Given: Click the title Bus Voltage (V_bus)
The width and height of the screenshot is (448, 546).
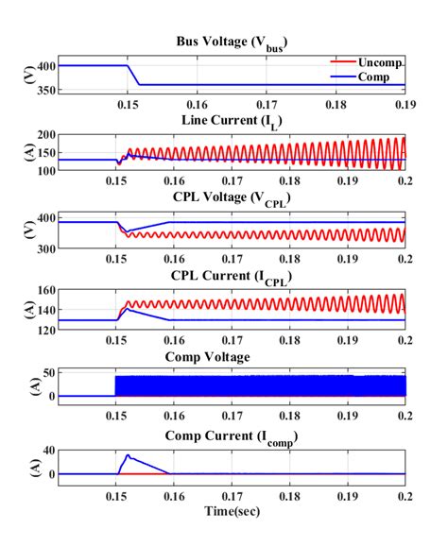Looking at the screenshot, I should click(x=232, y=43).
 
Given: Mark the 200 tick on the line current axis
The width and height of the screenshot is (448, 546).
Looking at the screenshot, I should click(x=43, y=135).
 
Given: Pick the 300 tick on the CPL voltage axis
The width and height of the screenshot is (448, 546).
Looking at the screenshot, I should click(x=43, y=247).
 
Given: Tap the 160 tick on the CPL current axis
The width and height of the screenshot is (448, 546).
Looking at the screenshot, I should click(x=43, y=291).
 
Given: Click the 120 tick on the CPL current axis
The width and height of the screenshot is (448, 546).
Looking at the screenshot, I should click(x=43, y=328).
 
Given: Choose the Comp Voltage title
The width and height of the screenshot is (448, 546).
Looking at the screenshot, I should click(x=232, y=357).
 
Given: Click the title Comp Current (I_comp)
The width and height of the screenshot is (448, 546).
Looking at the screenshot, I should click(x=232, y=435).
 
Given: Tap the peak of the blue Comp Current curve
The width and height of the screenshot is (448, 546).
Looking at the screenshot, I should click(x=128, y=455).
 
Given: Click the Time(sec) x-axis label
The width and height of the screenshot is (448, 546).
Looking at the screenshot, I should click(x=232, y=510).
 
